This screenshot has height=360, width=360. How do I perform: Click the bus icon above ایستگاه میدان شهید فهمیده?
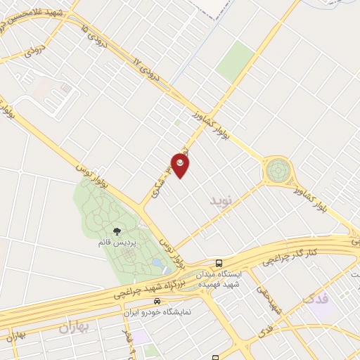(221, 262)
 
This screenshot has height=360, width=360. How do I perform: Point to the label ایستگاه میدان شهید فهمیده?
(221, 278)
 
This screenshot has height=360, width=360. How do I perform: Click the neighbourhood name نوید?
(220, 201)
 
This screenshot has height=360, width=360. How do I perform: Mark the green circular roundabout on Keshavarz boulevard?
(277, 171)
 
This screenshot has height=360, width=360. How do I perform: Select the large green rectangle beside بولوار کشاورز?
(235, 60)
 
